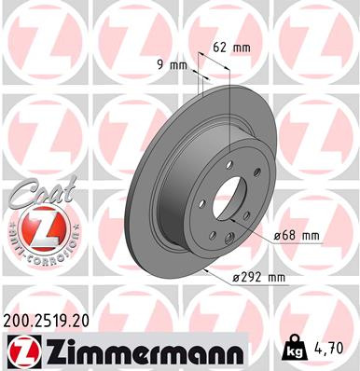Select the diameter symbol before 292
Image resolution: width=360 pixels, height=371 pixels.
click(237, 276)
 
